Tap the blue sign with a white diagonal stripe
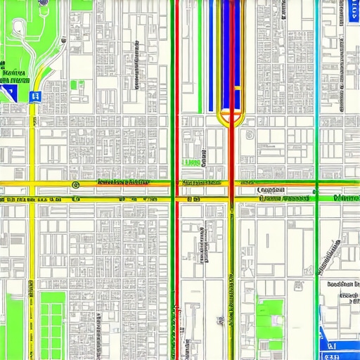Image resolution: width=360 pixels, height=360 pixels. [10, 91]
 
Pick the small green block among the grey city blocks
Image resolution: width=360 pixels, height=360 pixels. [77, 86]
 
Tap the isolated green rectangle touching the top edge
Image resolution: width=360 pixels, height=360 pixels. [81, 4]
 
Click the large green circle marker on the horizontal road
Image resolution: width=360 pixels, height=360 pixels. [75, 184]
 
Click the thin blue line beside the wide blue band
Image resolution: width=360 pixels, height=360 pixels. [210, 56]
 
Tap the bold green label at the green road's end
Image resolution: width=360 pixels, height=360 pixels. [346, 198]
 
